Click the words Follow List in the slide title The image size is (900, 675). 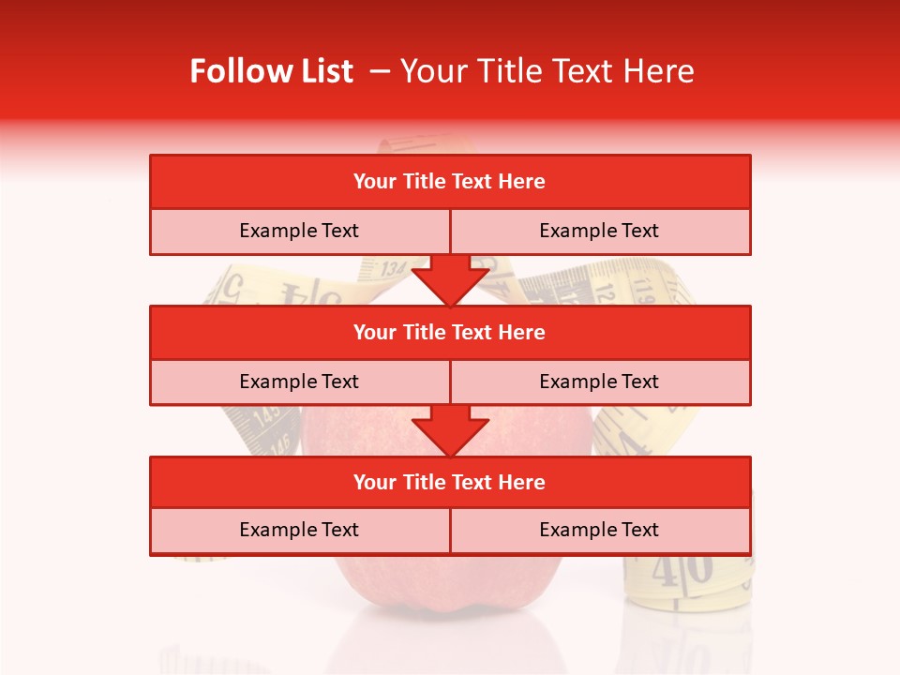pyautogui.click(x=272, y=71)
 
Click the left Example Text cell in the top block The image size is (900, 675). pyautogui.click(x=299, y=232)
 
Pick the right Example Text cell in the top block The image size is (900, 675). pyautogui.click(x=599, y=232)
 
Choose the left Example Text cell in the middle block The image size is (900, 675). pyautogui.click(x=299, y=382)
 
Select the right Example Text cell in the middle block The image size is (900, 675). pyautogui.click(x=599, y=382)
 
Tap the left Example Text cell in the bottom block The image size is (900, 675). pyautogui.click(x=299, y=531)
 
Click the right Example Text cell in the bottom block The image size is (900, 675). pyautogui.click(x=599, y=531)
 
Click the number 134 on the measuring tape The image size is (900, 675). pyautogui.click(x=392, y=268)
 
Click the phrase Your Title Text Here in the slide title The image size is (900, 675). pyautogui.click(x=547, y=71)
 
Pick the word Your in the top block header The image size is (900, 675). pyautogui.click(x=375, y=182)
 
